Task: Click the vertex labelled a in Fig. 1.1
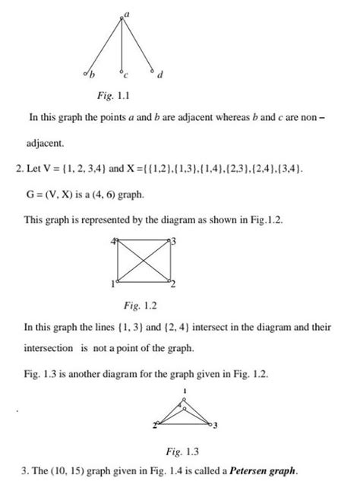point(122,17)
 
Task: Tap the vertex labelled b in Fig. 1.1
point(87,73)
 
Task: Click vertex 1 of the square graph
point(118,280)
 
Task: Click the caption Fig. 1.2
point(139,306)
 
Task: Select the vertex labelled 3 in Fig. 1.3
point(212,423)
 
